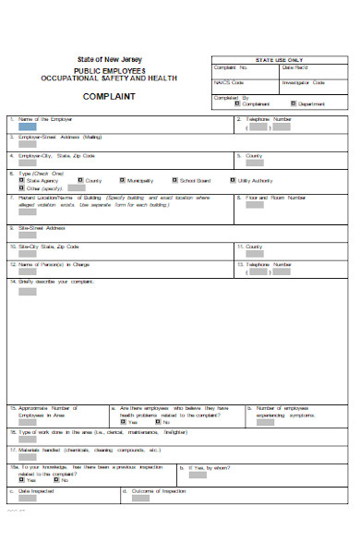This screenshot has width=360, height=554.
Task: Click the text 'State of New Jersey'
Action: click(103, 60)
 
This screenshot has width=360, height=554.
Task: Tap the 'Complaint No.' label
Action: click(231, 67)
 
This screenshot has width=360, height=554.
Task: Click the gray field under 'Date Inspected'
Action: click(28, 499)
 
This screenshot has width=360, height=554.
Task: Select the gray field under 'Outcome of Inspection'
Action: click(139, 499)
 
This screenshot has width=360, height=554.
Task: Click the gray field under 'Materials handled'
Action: click(28, 458)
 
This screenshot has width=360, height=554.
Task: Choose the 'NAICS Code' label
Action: click(230, 82)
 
